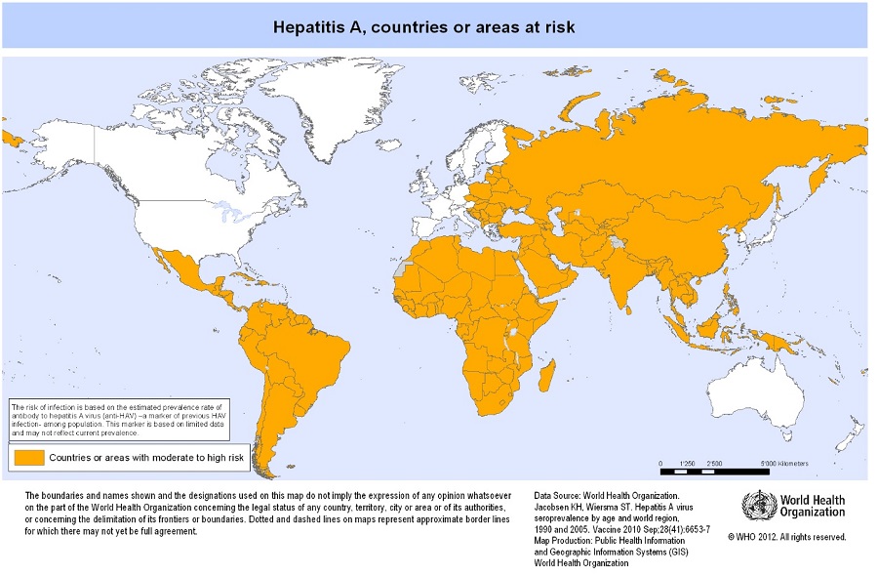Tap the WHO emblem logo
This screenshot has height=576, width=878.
click(759, 506)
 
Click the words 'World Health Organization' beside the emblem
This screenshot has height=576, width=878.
click(812, 507)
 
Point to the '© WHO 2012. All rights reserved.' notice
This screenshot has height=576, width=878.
click(786, 537)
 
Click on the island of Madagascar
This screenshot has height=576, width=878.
click(548, 376)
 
